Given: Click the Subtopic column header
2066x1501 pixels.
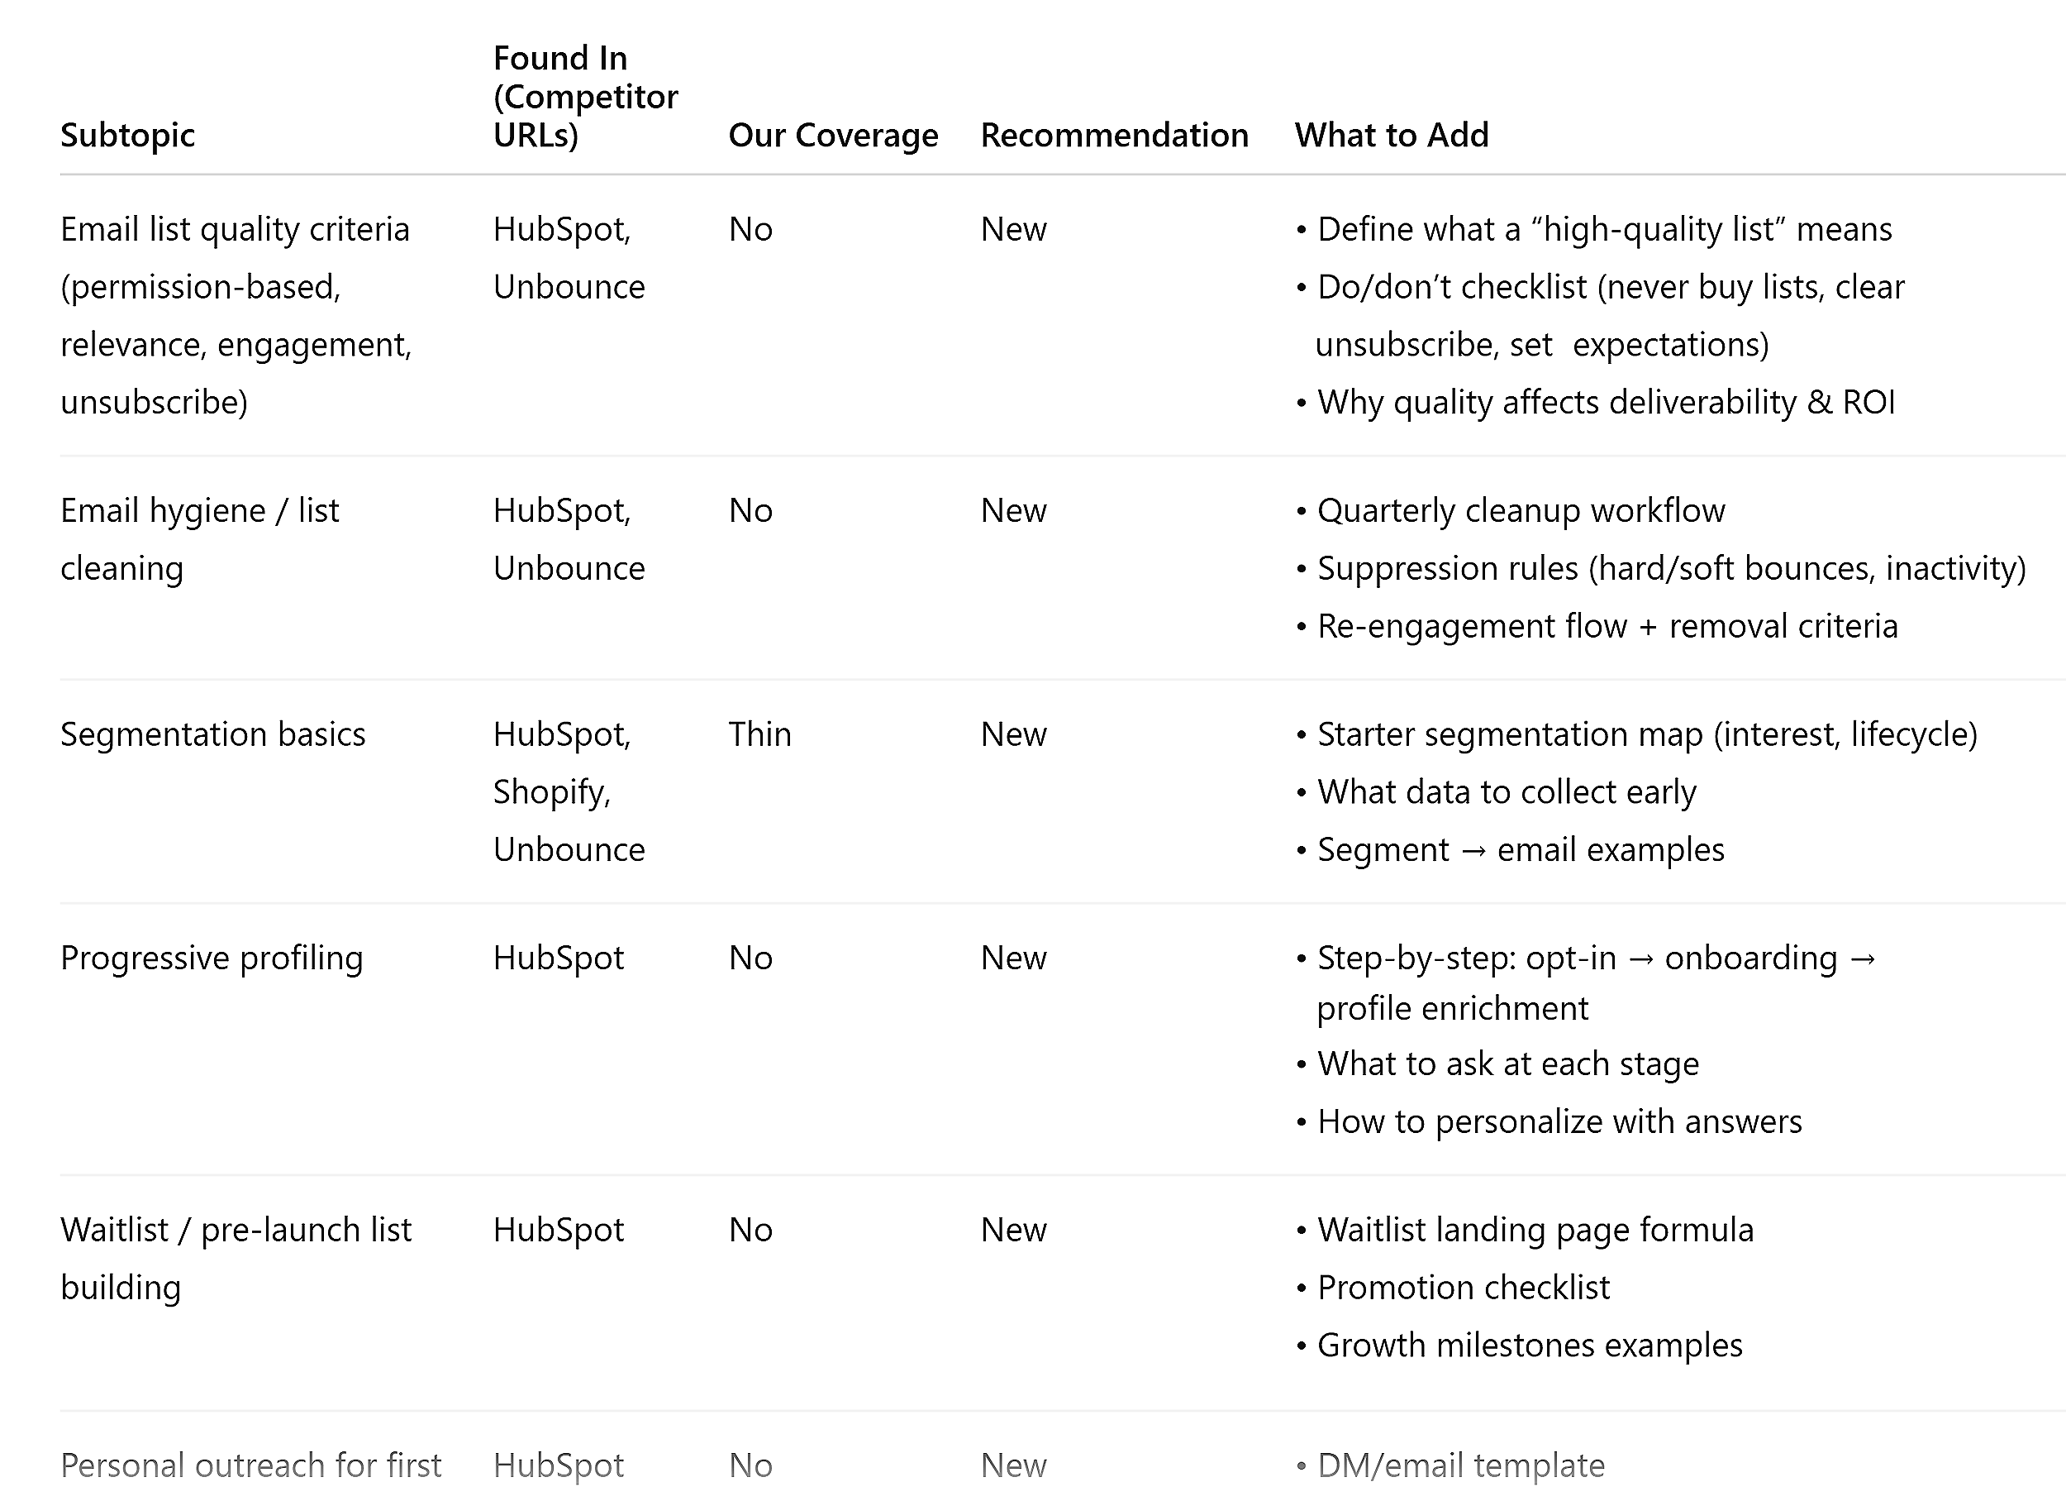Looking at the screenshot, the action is click(x=127, y=135).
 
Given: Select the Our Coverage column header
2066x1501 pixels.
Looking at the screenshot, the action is click(x=832, y=135).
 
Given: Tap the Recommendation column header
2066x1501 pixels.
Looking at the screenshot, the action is click(x=1113, y=135).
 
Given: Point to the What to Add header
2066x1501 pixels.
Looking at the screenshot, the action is click(x=1391, y=135).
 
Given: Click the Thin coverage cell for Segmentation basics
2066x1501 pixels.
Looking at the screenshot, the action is click(x=759, y=734).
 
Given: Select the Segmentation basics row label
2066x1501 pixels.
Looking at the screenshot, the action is click(x=212, y=734).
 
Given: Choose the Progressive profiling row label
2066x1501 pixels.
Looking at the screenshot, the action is click(x=212, y=958).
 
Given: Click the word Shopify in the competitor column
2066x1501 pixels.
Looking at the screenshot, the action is click(x=550, y=792).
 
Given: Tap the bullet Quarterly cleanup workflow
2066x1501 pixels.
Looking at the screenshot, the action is click(x=1521, y=511).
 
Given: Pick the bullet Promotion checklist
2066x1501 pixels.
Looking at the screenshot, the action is click(x=1463, y=1288).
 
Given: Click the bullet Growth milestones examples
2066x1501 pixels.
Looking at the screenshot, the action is click(x=1530, y=1346).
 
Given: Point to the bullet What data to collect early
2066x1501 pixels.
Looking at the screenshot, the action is click(x=1507, y=792).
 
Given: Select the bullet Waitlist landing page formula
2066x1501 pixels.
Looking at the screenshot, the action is click(x=1535, y=1231).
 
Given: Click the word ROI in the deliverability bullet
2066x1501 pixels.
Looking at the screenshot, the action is click(x=1868, y=402).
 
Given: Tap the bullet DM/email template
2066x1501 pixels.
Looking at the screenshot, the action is click(x=1460, y=1465).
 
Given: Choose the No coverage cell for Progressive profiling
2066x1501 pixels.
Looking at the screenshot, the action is click(x=750, y=958).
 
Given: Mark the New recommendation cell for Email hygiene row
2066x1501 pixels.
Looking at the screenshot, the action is click(x=1013, y=511).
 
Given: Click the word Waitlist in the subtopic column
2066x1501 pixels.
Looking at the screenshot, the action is click(x=114, y=1231).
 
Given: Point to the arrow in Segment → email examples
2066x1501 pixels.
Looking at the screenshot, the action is click(x=1473, y=850).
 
